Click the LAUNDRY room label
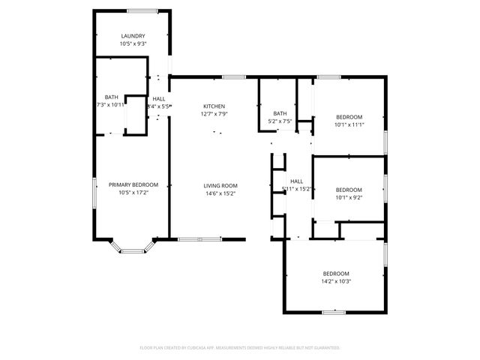click(133, 36)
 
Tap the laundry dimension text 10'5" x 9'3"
click(133, 43)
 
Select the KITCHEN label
click(213, 106)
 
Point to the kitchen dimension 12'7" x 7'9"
click(213, 114)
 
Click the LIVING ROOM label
click(220, 185)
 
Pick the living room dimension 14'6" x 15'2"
click(220, 193)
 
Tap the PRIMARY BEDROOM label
click(133, 184)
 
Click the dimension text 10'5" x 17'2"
click(133, 193)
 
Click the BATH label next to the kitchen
click(280, 113)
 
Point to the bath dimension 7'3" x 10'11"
click(109, 105)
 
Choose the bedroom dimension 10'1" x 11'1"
click(349, 124)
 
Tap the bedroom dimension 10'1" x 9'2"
click(349, 197)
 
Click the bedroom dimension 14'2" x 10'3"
click(336, 281)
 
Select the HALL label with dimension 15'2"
click(297, 181)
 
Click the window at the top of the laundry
click(142, 10)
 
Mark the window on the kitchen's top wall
click(233, 76)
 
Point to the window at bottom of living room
click(199, 239)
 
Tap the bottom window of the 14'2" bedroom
click(334, 311)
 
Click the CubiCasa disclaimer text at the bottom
click(240, 348)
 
